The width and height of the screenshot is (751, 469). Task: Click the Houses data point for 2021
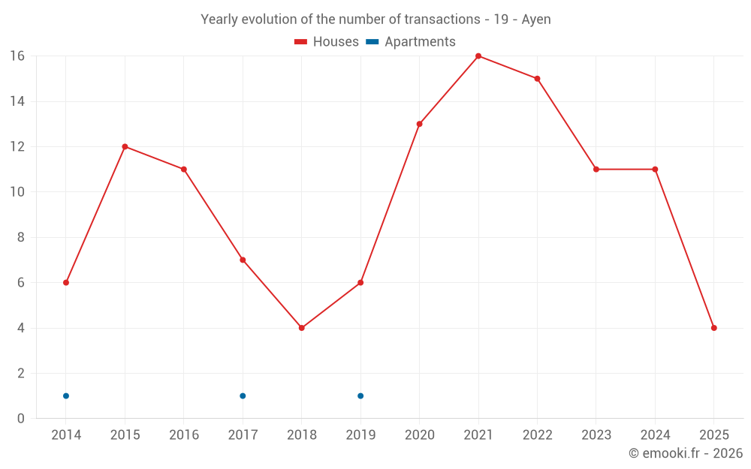(478, 56)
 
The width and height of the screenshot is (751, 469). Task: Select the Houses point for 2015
(125, 146)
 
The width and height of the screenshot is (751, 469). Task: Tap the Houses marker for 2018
(302, 328)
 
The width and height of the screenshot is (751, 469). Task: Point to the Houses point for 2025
(714, 328)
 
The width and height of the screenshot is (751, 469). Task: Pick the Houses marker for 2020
(420, 124)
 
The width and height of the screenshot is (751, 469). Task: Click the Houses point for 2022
(538, 79)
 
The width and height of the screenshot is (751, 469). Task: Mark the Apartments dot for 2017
(243, 395)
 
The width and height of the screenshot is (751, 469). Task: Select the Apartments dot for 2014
(66, 395)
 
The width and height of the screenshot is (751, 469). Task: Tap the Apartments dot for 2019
(360, 395)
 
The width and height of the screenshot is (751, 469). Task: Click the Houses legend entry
(327, 42)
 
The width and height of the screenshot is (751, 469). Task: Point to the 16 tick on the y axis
(17, 56)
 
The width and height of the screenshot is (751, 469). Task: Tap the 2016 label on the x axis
(184, 435)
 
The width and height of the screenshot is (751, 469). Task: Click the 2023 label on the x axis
(596, 435)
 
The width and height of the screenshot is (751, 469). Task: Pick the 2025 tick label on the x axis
(714, 435)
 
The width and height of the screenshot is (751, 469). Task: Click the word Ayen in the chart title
(536, 20)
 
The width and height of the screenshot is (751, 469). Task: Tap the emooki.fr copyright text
(686, 453)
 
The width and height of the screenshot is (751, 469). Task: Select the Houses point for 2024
(655, 170)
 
